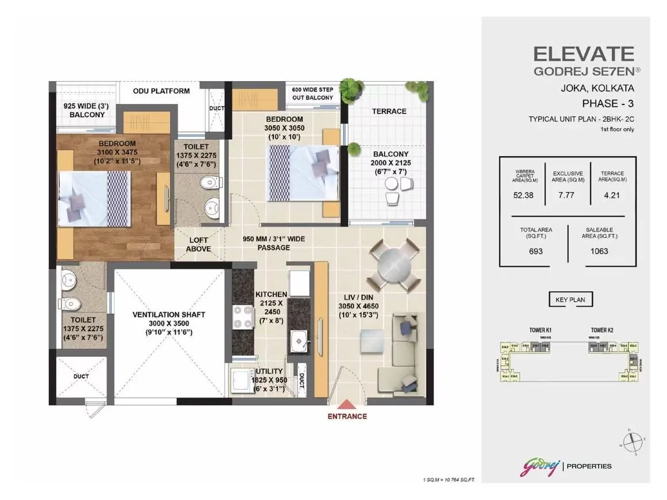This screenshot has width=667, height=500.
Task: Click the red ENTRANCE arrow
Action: pos(347,406)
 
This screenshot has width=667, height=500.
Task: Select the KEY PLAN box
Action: pos(570,299)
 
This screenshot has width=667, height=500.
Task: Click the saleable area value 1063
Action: pos(599,251)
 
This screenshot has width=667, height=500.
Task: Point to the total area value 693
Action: pos(535,251)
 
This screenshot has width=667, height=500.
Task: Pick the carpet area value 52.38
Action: pos(523,195)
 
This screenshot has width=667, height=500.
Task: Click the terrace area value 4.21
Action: pos(612,195)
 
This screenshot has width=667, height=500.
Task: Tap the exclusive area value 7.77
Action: pos(568,195)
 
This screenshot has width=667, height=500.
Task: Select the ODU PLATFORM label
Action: pos(161,91)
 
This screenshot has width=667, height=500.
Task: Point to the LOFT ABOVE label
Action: pos(198,245)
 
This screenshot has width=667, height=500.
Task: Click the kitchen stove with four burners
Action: pos(243,317)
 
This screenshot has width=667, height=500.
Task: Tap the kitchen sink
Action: pos(298,341)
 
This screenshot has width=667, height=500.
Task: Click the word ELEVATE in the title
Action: pos(584,54)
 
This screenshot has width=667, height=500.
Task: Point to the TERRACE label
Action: pos(389,111)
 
